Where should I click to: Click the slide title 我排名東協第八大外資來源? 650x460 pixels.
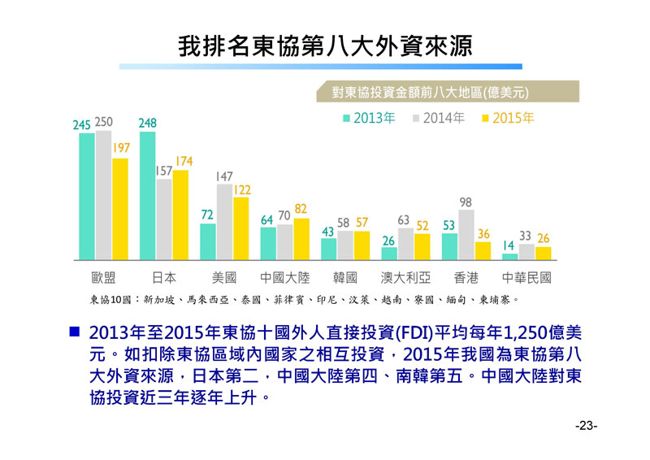325,45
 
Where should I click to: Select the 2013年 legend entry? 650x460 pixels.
370,118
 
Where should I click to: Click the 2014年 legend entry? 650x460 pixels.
439,118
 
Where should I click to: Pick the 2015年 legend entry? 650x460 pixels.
508,118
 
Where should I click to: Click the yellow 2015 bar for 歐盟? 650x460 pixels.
120,209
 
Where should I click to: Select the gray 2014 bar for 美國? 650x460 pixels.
224,222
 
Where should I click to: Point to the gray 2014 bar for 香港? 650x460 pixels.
466,235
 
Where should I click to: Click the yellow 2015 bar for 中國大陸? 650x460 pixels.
301,239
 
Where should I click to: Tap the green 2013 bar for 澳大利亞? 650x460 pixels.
390,254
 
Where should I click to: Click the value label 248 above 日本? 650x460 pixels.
147,123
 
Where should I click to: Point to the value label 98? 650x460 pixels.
466,202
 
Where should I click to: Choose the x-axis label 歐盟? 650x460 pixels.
103,277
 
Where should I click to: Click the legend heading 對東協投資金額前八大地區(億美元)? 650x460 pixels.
443,93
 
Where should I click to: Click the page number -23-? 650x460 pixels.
586,426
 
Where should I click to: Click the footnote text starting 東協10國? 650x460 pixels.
301,299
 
